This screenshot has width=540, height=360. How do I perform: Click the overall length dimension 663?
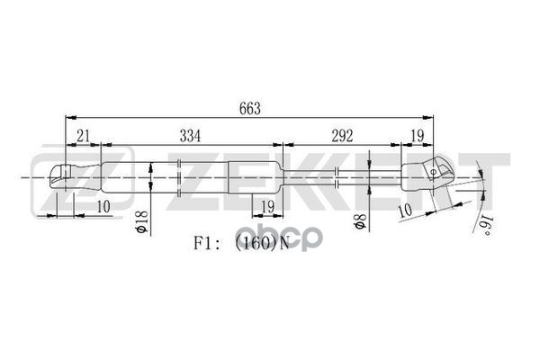[x=250, y=108]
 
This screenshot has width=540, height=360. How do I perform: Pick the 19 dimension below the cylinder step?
[x=265, y=208]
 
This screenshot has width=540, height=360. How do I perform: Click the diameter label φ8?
[x=358, y=219]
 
